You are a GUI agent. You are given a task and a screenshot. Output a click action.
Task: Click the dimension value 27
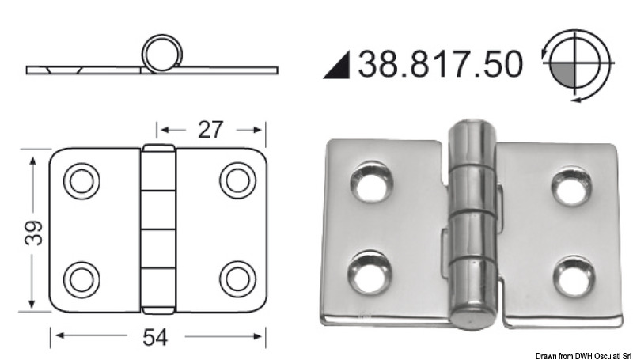pyautogui.click(x=209, y=129)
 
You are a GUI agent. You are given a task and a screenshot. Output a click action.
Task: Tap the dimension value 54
pyautogui.click(x=156, y=338)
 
